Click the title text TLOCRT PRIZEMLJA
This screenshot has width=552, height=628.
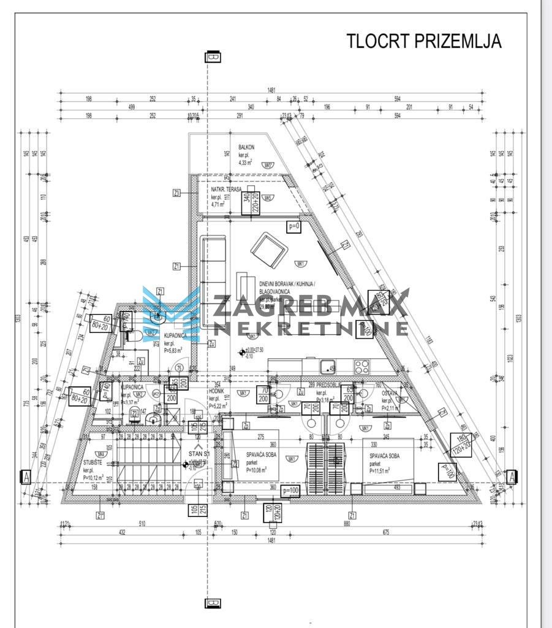pyautogui.click(x=424, y=41)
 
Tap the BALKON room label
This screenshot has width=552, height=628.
pyautogui.click(x=246, y=147)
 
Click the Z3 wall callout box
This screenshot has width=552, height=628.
pyautogui.click(x=177, y=193)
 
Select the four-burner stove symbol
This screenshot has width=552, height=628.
pyautogui.click(x=361, y=367)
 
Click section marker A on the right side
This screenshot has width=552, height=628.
pyautogui.click(x=513, y=476)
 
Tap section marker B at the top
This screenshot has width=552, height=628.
pyautogui.click(x=213, y=57)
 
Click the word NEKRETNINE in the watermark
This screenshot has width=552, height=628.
pyautogui.click(x=309, y=328)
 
